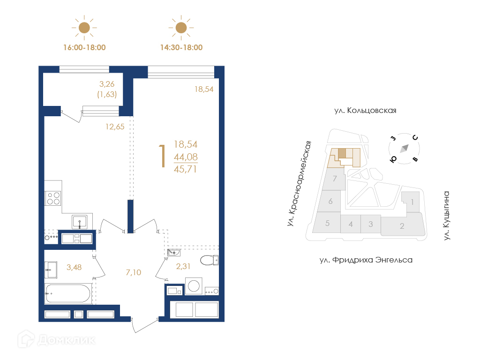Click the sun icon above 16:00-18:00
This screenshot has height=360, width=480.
[84, 28]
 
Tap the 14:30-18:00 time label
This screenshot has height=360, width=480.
[181, 47]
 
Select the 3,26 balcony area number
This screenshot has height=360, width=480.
[107, 84]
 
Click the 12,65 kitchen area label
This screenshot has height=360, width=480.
[115, 127]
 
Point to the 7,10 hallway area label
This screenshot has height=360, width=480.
[134, 272]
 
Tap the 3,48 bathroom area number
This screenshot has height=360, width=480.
[74, 267]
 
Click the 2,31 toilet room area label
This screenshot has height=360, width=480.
[183, 266]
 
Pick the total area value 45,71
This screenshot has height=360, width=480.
[185, 169]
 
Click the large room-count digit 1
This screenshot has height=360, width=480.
[162, 156]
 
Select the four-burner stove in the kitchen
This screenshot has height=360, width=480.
[53, 198]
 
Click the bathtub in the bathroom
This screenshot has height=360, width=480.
[68, 293]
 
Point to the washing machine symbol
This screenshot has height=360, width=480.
[194, 286]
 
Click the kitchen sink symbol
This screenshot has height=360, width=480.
[80, 222]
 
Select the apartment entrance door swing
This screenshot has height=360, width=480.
[144, 325]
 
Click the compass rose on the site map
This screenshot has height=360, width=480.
[404, 149]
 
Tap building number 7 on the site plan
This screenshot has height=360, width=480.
[335, 178]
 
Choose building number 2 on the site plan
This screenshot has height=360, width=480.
[402, 226]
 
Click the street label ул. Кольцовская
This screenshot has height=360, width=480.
[365, 111]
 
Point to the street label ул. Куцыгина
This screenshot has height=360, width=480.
[447, 216]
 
